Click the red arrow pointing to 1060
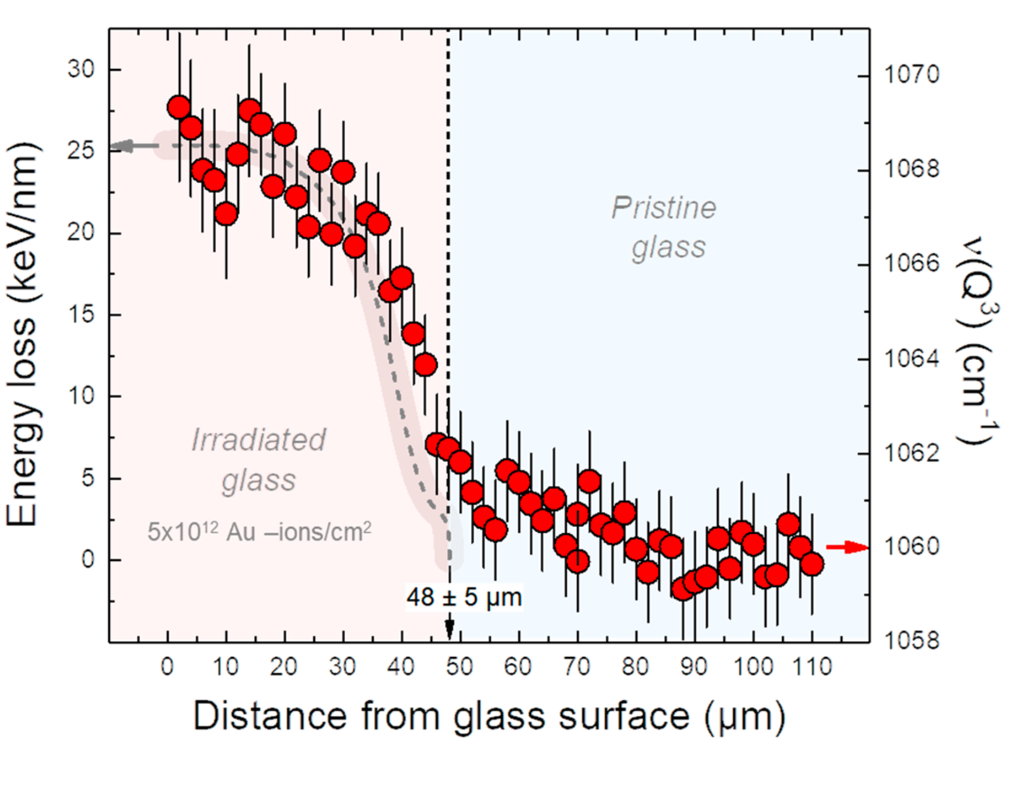847,547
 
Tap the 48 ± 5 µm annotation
464,598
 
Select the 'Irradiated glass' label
259,459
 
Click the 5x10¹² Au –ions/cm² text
259,532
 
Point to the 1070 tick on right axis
911,75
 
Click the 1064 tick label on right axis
911,359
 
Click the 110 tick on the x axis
812,667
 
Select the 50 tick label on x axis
460,667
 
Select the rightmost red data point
812,564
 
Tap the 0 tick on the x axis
167,667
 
